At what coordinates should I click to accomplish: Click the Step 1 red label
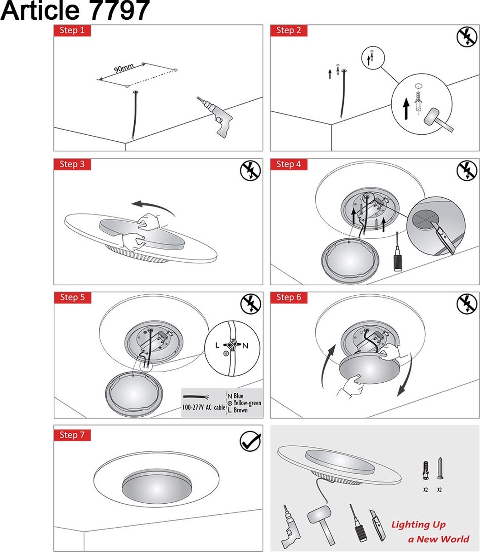pyautogui.click(x=72, y=31)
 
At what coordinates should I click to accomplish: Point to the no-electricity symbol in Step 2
pyautogui.click(x=467, y=37)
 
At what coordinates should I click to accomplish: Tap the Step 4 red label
pyautogui.click(x=288, y=164)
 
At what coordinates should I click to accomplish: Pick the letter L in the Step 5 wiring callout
pyautogui.click(x=217, y=345)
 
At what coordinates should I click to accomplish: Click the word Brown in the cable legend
pyautogui.click(x=240, y=410)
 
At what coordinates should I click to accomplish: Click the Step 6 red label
pyautogui.click(x=288, y=298)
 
